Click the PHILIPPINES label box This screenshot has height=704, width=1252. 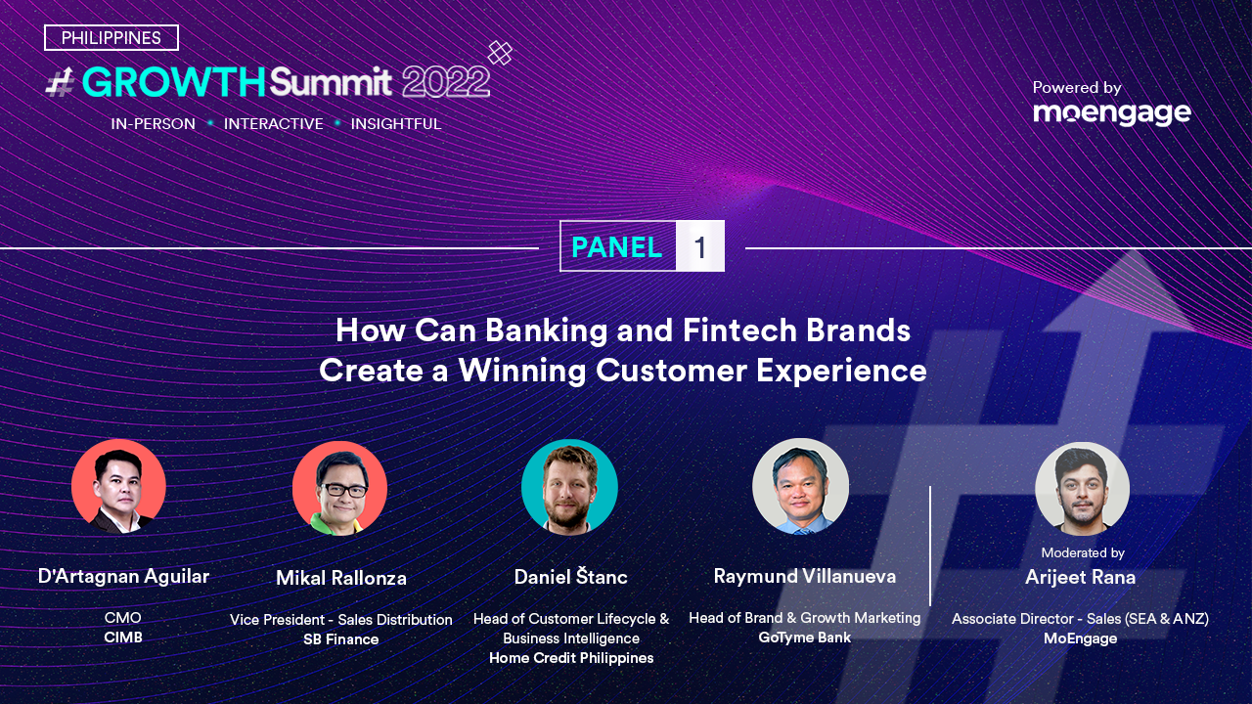112,37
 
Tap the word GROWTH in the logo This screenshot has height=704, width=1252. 173,82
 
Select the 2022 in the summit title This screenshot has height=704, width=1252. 446,82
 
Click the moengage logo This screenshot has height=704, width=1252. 1112,113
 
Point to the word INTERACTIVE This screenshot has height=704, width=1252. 273,123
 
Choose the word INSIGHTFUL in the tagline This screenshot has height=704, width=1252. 396,123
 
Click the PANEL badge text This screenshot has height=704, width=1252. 616,247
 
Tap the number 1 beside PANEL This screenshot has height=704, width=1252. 699,247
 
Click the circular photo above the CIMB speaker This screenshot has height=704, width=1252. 118,486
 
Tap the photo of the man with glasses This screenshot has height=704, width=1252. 339,488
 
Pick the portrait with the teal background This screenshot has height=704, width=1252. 569,487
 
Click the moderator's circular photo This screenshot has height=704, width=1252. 1082,489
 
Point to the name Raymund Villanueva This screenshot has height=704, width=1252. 805,576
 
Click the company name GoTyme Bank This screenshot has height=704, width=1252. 805,638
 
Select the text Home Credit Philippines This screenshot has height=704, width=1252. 571,658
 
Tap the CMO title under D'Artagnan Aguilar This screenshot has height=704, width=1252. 123,617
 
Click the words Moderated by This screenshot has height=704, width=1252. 1083,552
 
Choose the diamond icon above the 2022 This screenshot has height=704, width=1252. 500,53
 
